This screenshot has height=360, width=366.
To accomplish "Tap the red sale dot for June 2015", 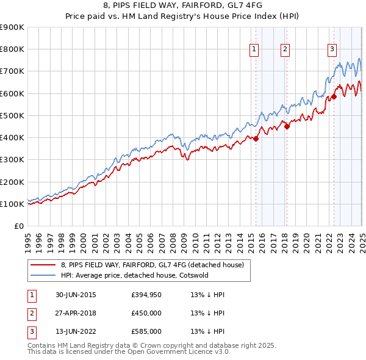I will click(x=256, y=139).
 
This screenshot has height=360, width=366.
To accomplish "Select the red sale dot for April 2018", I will click(x=287, y=126).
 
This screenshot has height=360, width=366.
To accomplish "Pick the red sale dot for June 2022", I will click(x=334, y=96).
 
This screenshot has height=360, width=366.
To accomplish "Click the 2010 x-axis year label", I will click(x=195, y=237).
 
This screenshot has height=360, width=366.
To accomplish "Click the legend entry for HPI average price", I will click(x=134, y=275).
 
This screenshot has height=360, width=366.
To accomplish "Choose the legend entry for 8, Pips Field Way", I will click(x=152, y=265).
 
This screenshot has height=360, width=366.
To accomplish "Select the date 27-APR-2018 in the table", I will click(x=76, y=313).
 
